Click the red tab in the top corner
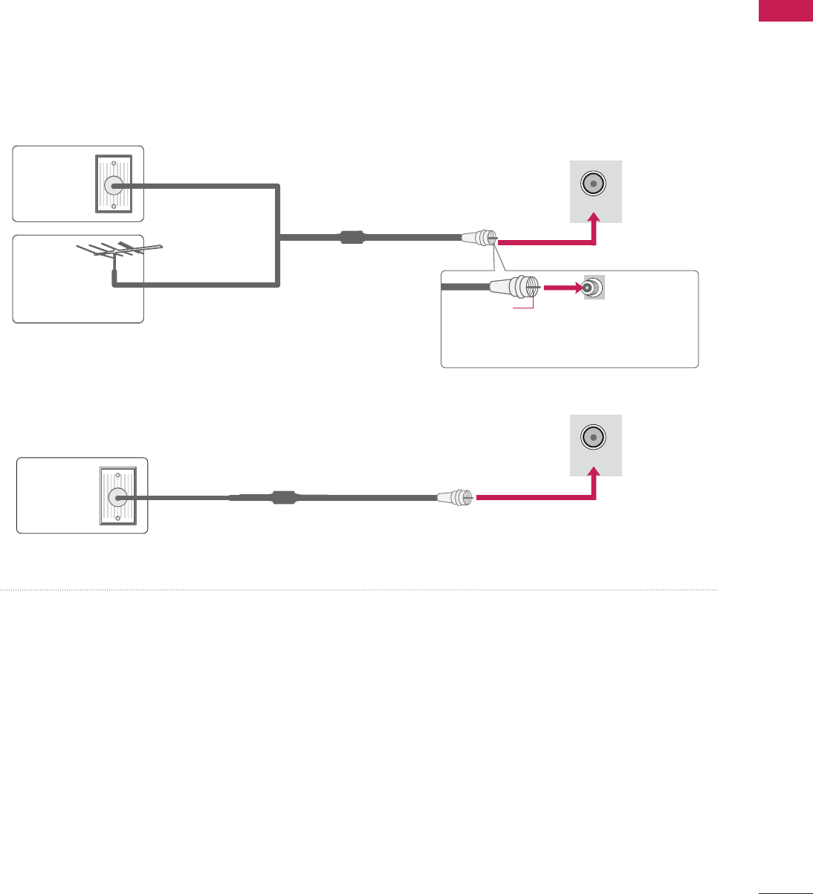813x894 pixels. [785, 11]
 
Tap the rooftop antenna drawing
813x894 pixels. [119, 249]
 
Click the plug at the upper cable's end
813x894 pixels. [479, 239]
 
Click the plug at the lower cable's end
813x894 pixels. [456, 497]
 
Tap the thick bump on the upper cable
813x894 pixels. [352, 239]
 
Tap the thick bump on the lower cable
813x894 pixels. [284, 497]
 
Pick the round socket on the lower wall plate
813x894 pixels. [117, 497]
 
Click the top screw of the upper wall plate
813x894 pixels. [114, 163]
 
